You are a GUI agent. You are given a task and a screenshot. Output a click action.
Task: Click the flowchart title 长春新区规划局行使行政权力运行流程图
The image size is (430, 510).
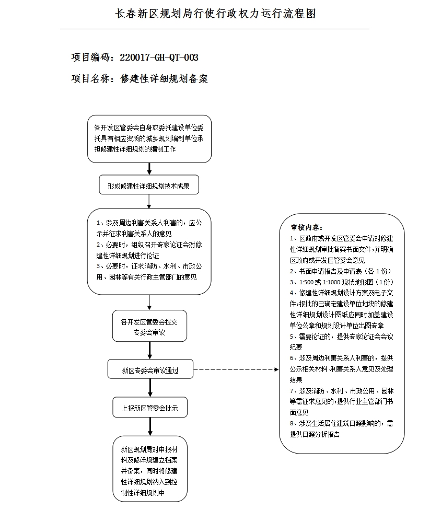click(215, 14)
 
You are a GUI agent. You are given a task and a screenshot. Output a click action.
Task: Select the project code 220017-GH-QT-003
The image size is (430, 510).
click(159, 57)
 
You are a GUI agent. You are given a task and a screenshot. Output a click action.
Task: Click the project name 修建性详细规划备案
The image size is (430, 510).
click(164, 79)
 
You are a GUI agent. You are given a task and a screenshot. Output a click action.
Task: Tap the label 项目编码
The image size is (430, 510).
click(91, 57)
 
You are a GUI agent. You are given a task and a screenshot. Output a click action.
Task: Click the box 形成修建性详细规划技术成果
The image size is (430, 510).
click(149, 185)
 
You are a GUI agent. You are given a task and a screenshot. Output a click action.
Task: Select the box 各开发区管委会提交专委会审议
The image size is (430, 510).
click(149, 327)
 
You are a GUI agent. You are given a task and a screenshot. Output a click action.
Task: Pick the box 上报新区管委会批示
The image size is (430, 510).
click(149, 408)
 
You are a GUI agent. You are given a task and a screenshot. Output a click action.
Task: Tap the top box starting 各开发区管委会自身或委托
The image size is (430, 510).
click(149, 138)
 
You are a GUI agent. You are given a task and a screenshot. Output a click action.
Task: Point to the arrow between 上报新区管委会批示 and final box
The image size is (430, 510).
click(150, 427)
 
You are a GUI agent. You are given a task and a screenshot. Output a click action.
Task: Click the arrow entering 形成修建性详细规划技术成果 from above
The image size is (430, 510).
click(149, 169)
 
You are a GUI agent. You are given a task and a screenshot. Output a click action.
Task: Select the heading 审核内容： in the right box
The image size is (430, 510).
click(307, 228)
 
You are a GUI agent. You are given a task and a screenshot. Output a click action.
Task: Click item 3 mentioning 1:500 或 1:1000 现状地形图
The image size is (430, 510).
click(341, 282)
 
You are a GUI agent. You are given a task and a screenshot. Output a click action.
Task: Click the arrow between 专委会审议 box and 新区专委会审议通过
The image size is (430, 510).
click(150, 351)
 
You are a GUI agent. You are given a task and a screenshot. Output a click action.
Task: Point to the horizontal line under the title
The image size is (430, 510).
click(215, 29)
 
